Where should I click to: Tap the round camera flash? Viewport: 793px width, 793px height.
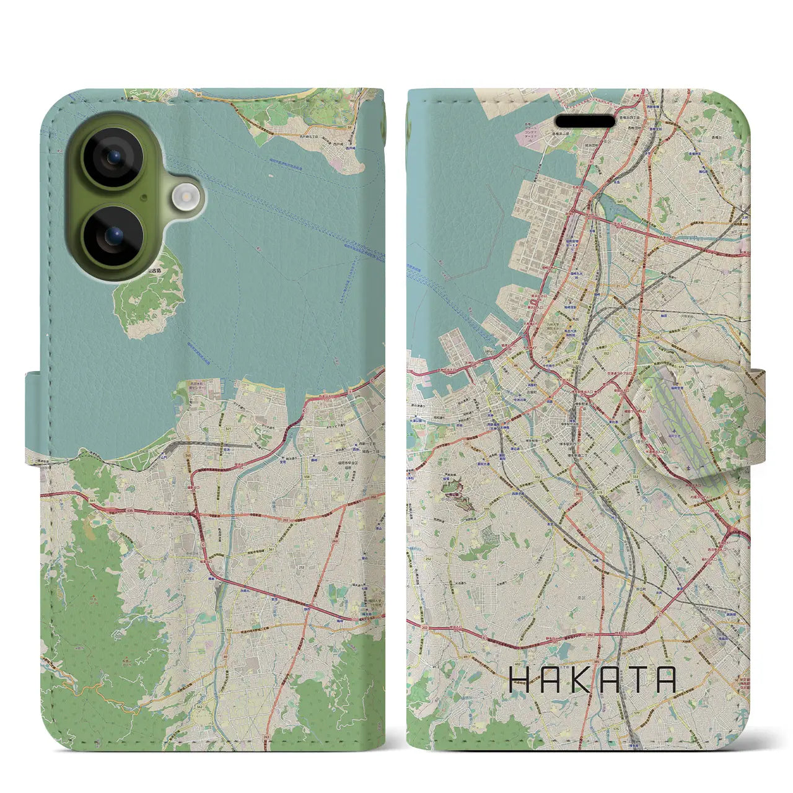pyautogui.click(x=185, y=197)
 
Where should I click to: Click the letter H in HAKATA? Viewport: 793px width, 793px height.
pyautogui.click(x=519, y=680)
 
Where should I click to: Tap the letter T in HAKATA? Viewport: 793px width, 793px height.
pyautogui.click(x=636, y=680)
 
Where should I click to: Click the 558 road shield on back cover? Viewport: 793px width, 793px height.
pyautogui.click(x=306, y=476)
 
